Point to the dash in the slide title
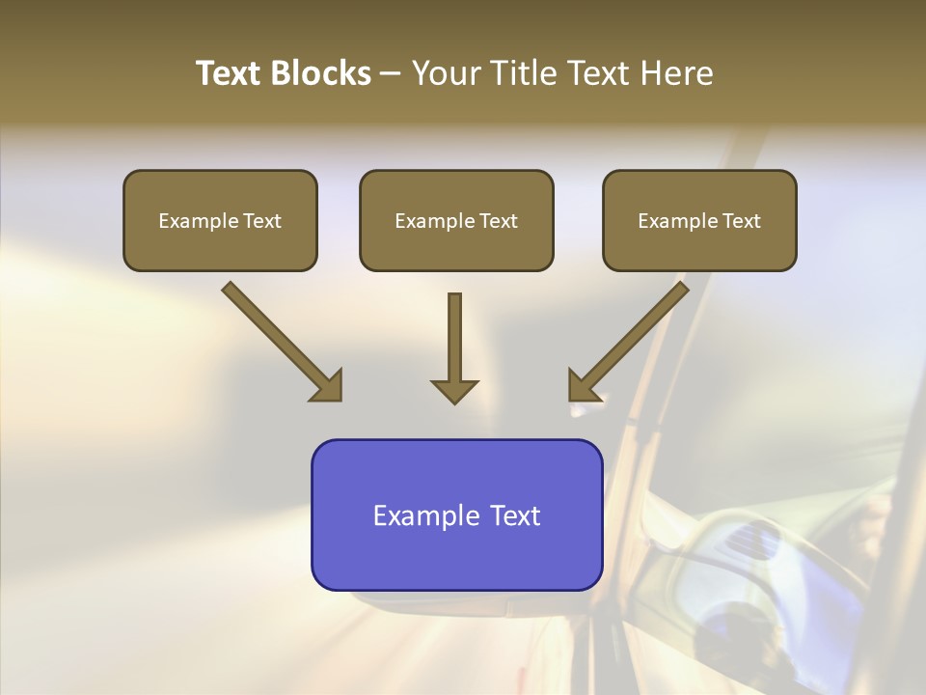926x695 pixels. click(x=391, y=74)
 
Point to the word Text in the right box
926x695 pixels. click(x=742, y=221)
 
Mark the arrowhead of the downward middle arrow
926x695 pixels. click(x=454, y=390)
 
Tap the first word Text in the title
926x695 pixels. click(x=230, y=73)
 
